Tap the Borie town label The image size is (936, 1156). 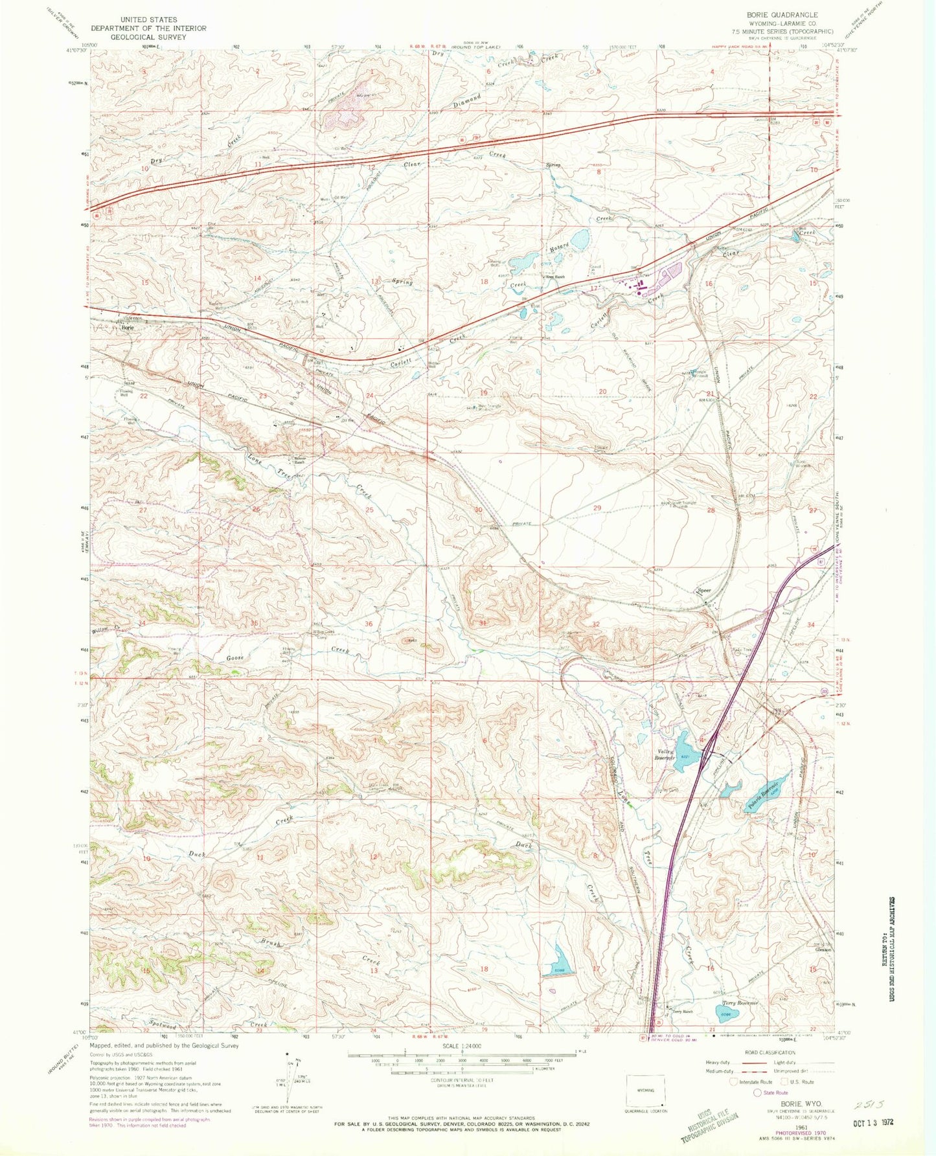click(x=128, y=328)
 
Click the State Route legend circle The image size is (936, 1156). click(x=757, y=1092)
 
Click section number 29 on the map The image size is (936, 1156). click(x=597, y=508)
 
